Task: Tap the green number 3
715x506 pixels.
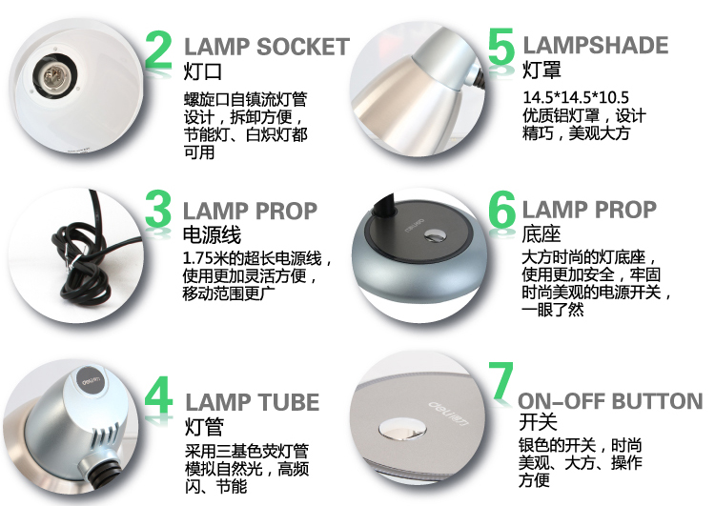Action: click(x=158, y=209)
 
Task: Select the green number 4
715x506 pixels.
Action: click(x=158, y=395)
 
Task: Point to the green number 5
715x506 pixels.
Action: click(x=501, y=46)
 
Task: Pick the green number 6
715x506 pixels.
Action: click(x=501, y=210)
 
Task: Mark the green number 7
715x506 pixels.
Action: click(x=501, y=379)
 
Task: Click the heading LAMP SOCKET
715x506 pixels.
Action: click(x=267, y=47)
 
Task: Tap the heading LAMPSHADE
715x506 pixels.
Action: click(x=596, y=45)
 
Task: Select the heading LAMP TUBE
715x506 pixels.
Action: click(x=253, y=402)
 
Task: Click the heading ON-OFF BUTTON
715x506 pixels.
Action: click(x=610, y=401)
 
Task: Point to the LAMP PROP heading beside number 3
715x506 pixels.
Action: click(x=250, y=211)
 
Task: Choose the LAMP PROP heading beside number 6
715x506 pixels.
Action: click(x=589, y=210)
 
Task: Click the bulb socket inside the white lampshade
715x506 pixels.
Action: click(x=54, y=75)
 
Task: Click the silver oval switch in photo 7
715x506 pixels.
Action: click(x=402, y=430)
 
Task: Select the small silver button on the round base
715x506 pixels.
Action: click(x=434, y=235)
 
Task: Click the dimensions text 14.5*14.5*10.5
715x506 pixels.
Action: click(x=576, y=97)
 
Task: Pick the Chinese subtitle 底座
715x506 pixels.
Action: click(x=541, y=233)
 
